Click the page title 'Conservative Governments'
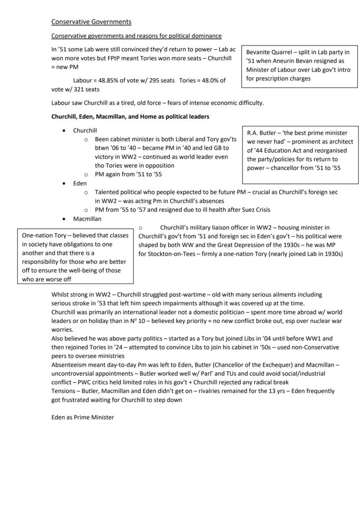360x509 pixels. coord(91,22)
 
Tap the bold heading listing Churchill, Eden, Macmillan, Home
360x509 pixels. coord(130,117)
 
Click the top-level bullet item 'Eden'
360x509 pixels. coord(80,183)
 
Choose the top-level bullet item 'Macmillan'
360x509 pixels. coord(87,219)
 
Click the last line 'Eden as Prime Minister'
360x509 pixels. coord(83,417)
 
